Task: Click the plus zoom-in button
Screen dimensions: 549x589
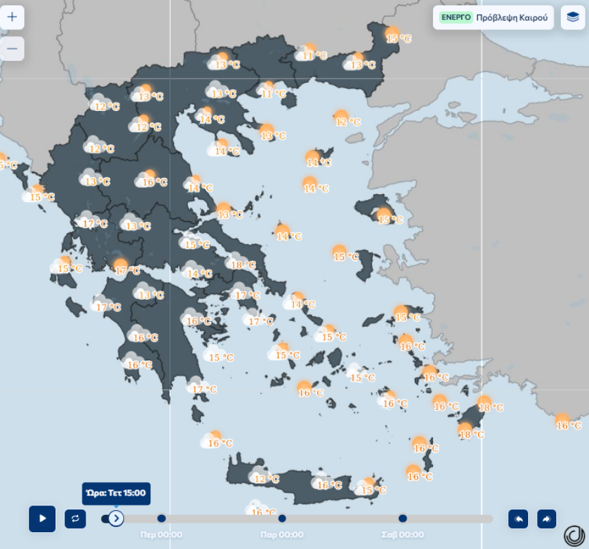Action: [12, 17]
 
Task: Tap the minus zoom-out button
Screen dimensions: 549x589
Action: [12, 49]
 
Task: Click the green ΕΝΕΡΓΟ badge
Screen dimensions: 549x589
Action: [456, 17]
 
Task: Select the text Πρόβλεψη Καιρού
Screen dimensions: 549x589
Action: [511, 17]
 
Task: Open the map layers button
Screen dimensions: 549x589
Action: [572, 17]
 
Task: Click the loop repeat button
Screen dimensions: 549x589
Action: [75, 518]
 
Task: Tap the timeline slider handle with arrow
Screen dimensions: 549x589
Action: [116, 518]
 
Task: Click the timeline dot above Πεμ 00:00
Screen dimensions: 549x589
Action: [161, 518]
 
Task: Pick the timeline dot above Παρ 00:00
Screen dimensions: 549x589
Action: [282, 518]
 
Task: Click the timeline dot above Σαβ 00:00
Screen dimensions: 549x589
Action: [402, 518]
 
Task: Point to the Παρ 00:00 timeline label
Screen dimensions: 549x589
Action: [282, 534]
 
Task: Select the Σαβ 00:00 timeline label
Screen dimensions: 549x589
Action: [402, 534]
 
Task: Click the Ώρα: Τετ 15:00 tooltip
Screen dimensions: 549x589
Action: [116, 493]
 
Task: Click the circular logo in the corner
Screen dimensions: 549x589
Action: [574, 535]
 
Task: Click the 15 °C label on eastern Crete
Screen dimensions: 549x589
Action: [373, 490]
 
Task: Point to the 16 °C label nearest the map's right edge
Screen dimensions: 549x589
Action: [569, 425]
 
